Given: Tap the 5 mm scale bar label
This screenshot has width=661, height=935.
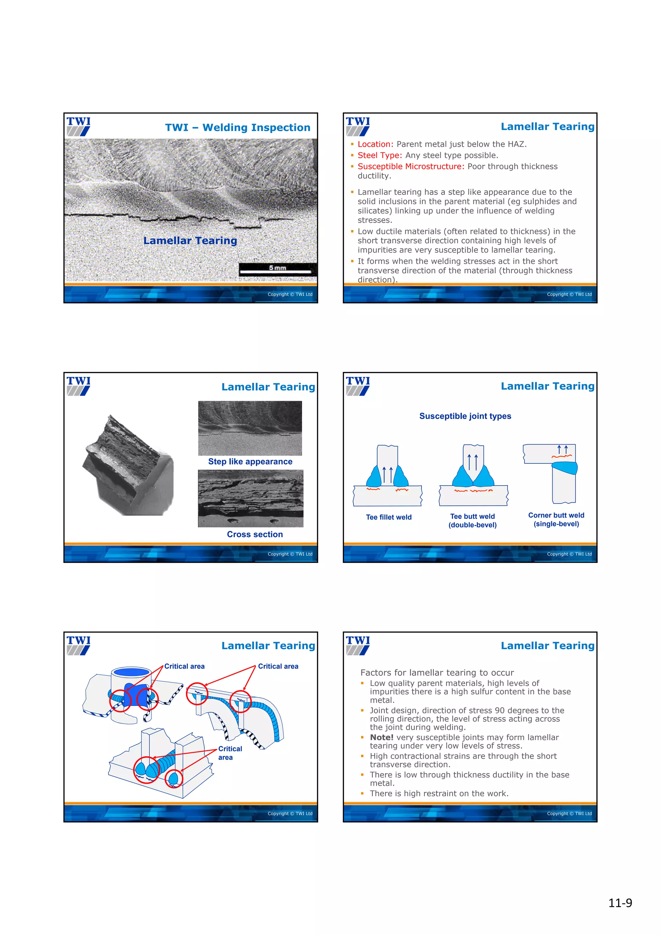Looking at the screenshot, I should [277, 267].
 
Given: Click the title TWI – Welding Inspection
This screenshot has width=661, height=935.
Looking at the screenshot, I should [238, 127].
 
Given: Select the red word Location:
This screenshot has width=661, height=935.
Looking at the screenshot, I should [375, 144].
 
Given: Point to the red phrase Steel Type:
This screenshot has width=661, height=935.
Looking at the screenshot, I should [380, 155].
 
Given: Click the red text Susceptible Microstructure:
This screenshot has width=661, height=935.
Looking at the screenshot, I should [411, 166].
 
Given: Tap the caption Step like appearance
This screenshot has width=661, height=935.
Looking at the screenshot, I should [250, 461].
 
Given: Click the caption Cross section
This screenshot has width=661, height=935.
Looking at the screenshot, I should [255, 534].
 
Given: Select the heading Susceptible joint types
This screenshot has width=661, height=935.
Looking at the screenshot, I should [465, 416].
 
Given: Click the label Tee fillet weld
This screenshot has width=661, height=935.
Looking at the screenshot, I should [389, 517].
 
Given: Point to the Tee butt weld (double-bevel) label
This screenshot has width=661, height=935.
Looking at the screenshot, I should [473, 520].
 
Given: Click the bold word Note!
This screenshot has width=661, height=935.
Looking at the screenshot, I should [381, 737].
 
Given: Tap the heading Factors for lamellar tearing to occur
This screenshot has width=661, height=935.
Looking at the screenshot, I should [437, 672].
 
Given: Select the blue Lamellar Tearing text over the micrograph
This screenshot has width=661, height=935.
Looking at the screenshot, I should [190, 241].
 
